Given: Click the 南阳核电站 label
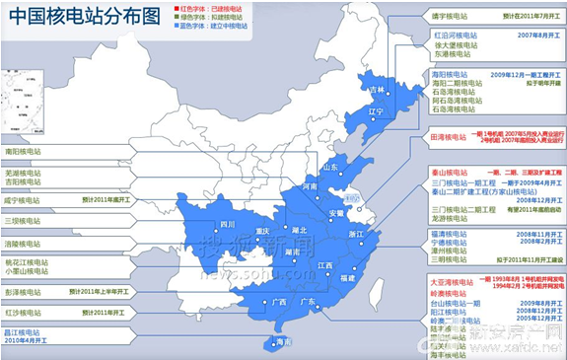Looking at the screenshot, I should click(24, 152).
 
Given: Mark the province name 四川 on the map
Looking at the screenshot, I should click(228, 225).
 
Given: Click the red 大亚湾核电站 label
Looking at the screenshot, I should click(455, 281).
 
